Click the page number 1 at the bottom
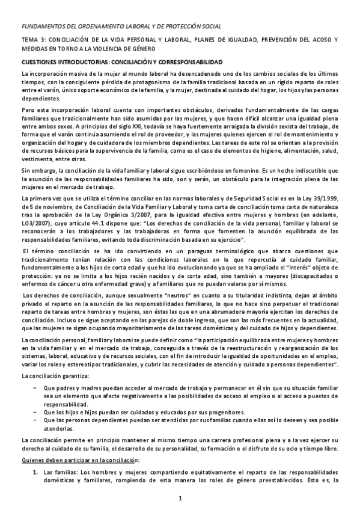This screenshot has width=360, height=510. (x=180, y=499)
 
